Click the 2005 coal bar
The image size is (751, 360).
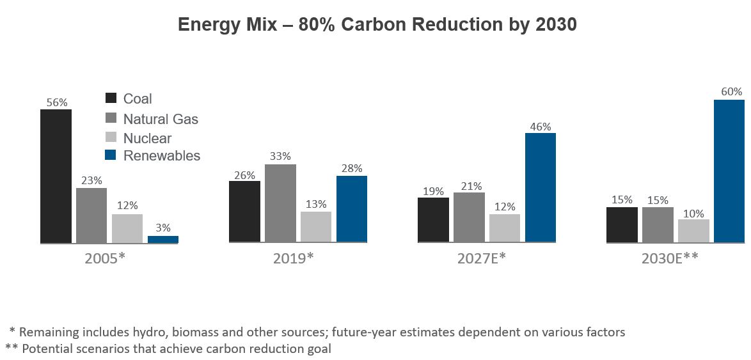tap(56, 176)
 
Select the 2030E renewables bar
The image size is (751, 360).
tap(729, 171)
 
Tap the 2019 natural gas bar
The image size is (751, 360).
tap(280, 203)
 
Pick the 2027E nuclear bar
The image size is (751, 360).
tap(505, 228)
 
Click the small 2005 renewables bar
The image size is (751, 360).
tap(163, 239)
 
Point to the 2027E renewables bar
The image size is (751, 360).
tap(541, 187)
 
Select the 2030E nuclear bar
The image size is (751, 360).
tap(693, 231)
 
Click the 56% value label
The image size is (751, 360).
tap(56, 102)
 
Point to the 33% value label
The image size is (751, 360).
tap(280, 156)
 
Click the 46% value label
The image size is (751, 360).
tap(541, 126)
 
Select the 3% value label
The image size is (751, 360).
tap(163, 228)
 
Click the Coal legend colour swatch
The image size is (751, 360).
tap(111, 98)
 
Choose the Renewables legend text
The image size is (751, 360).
tap(162, 155)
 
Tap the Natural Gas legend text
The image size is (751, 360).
tap(161, 119)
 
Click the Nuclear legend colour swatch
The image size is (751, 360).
tap(111, 137)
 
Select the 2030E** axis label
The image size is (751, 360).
tap(670, 258)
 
